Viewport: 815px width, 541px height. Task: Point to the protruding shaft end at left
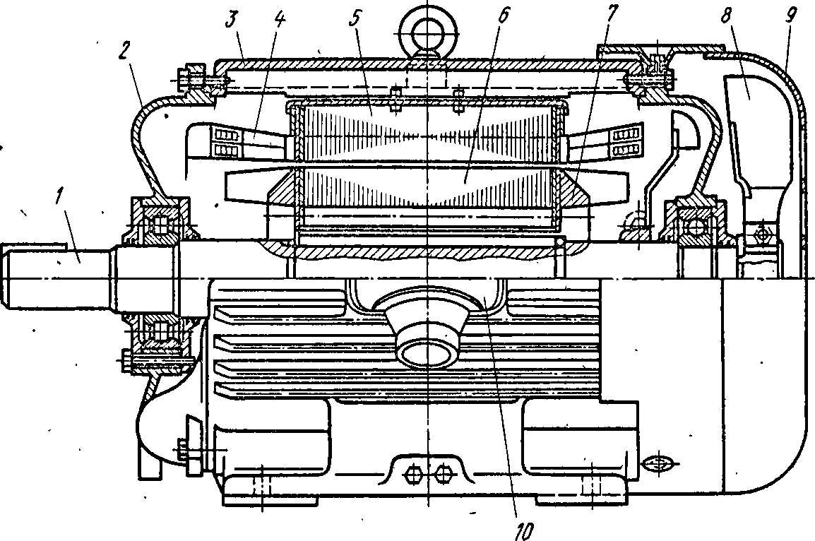[57, 275]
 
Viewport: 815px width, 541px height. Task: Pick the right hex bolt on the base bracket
[442, 474]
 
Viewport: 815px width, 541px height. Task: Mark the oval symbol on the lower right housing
[658, 463]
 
